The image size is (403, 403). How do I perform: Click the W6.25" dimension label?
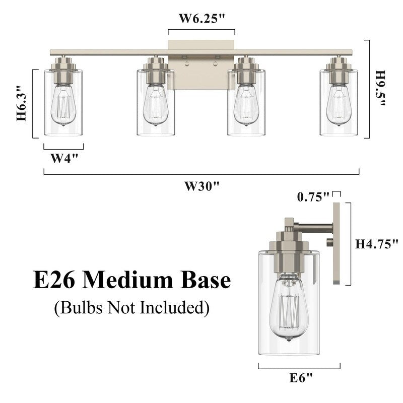coord(201,19)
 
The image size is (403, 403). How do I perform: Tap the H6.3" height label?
coord(21,103)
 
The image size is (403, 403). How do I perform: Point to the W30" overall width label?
coord(202,186)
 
